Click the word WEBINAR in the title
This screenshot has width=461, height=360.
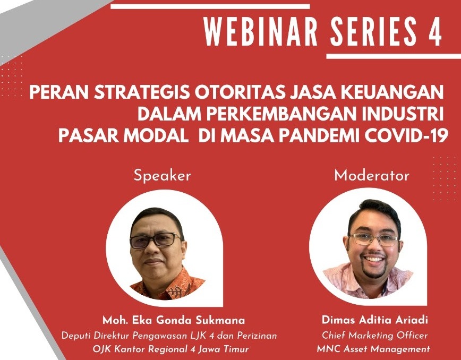(260, 31)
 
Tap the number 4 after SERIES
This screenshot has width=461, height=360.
(434, 31)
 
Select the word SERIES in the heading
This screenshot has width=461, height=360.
(373, 31)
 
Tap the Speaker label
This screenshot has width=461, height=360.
(162, 176)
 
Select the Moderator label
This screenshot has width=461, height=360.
(372, 176)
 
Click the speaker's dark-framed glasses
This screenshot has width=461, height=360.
(155, 240)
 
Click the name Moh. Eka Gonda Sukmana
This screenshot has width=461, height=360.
(174, 320)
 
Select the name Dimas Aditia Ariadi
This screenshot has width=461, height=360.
(375, 320)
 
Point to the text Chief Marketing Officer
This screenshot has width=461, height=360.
(374, 335)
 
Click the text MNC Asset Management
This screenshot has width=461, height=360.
(373, 349)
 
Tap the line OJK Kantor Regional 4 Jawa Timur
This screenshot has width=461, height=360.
(170, 349)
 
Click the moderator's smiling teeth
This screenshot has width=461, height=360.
(373, 259)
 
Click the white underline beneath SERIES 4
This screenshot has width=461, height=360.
(394, 56)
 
